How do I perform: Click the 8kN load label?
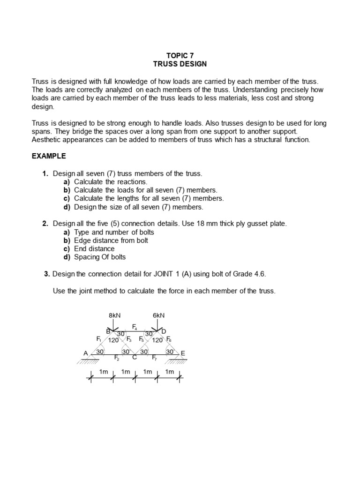click(x=114, y=315)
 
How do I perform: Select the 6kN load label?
click(x=159, y=315)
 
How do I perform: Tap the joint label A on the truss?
click(x=86, y=353)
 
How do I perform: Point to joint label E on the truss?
click(x=183, y=353)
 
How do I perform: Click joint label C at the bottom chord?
click(x=134, y=358)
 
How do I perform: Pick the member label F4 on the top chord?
click(x=135, y=326)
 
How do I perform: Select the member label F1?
click(x=99, y=339)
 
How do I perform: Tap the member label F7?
click(x=154, y=358)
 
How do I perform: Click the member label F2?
click(x=117, y=358)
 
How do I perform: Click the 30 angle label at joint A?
click(x=99, y=352)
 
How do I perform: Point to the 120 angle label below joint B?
click(x=113, y=340)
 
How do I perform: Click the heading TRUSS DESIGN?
click(x=180, y=64)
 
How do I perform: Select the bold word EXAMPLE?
click(x=48, y=156)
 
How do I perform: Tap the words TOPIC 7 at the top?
click(x=180, y=55)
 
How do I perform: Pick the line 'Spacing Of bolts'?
click(x=100, y=257)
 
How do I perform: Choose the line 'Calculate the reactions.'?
click(x=111, y=182)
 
